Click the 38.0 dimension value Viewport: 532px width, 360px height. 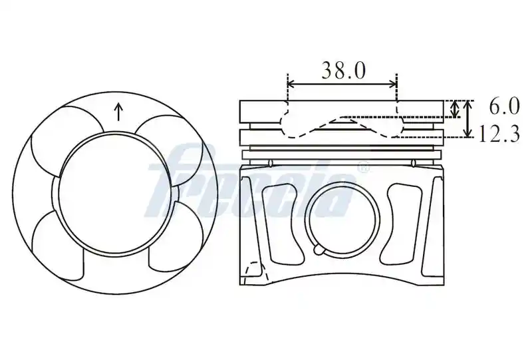pyautogui.click(x=343, y=71)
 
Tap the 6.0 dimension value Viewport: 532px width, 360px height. pyautogui.click(x=504, y=106)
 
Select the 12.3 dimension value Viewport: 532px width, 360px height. pyautogui.click(x=499, y=134)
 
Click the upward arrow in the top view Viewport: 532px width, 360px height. pyautogui.click(x=118, y=112)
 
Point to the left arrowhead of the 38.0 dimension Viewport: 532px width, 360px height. pyautogui.click(x=291, y=84)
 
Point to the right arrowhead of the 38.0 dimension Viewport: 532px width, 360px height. pyautogui.click(x=393, y=84)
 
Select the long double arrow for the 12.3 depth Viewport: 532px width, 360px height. pyautogui.click(x=468, y=118)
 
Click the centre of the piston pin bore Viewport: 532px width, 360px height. pyautogui.click(x=342, y=219)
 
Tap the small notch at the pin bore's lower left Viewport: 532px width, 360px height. pyautogui.click(x=319, y=250)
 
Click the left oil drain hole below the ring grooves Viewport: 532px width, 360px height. pyautogui.click(x=270, y=163)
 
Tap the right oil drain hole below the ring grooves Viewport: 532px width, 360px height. pyautogui.click(x=413, y=163)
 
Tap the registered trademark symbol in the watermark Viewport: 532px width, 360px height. pyautogui.click(x=363, y=168)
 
